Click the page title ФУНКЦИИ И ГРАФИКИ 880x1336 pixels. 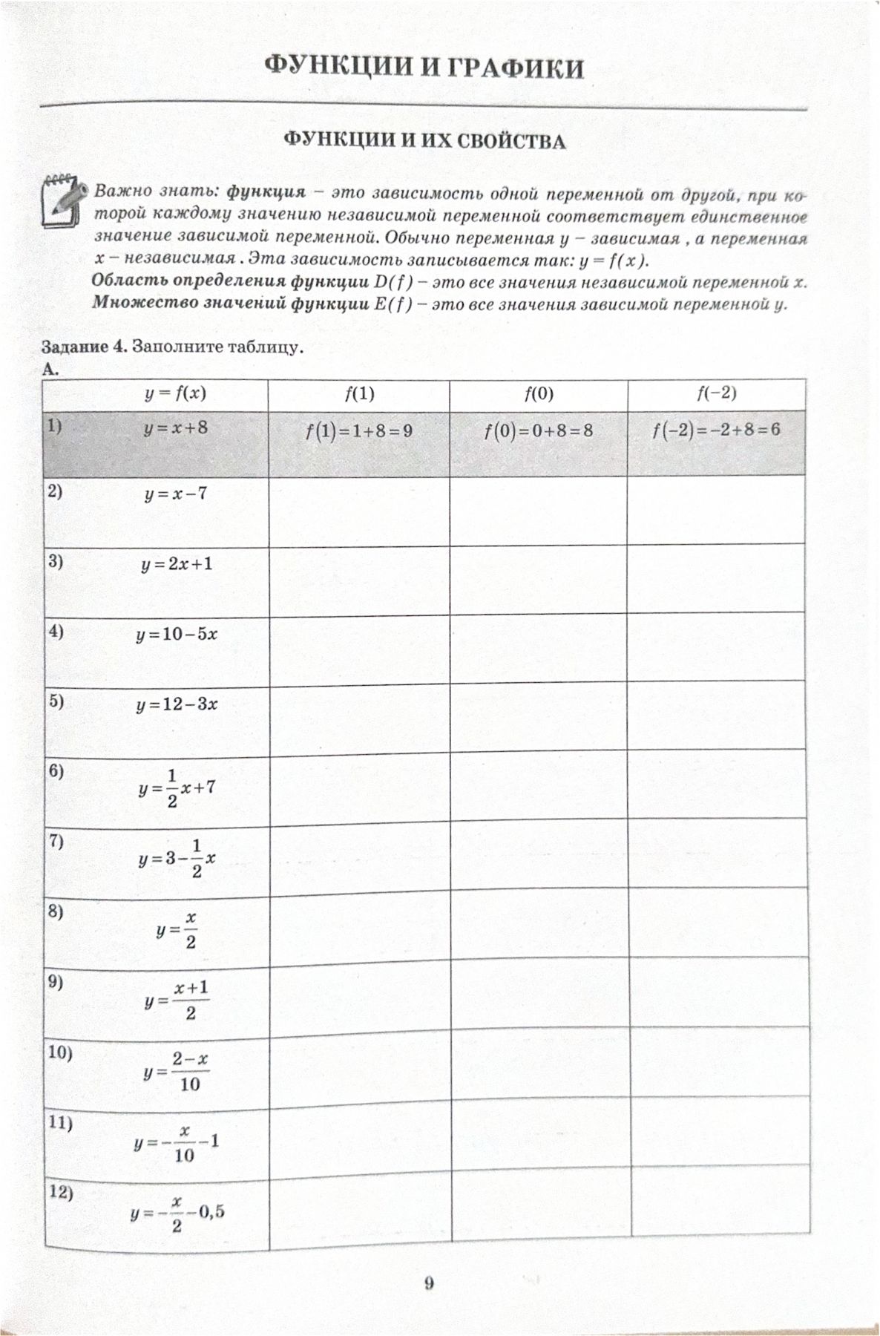click(x=424, y=69)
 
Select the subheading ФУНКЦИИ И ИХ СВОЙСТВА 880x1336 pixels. click(x=426, y=141)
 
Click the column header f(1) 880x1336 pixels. click(x=359, y=393)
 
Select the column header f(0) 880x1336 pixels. click(x=539, y=393)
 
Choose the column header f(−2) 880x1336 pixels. click(x=716, y=393)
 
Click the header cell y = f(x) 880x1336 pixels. click(x=175, y=393)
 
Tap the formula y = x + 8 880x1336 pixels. click(x=176, y=428)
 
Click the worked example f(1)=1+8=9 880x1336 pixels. click(x=358, y=430)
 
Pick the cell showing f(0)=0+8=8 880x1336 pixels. click(x=538, y=430)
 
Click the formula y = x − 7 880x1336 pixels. click(x=176, y=494)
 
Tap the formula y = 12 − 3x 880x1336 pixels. click(x=177, y=704)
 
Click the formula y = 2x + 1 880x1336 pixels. click(x=177, y=564)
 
